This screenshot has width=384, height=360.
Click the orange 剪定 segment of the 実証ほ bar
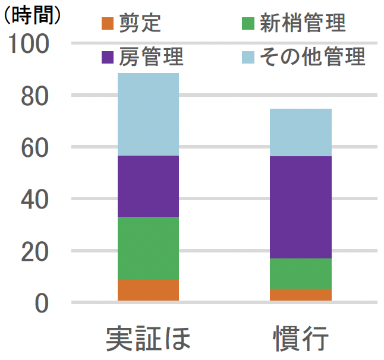point(148,290)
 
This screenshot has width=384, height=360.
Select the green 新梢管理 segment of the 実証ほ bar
point(148,248)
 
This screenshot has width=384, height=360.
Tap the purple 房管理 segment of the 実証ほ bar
point(148,186)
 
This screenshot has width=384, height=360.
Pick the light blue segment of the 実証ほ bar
point(148,114)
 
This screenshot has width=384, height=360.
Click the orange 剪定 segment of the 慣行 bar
point(300,295)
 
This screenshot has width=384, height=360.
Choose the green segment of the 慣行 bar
point(300,273)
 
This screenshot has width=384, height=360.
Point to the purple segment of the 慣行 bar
point(300,207)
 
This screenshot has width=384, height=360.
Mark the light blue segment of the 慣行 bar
point(300,132)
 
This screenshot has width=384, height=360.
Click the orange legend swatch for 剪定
point(107,24)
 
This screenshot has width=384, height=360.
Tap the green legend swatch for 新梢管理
point(248,24)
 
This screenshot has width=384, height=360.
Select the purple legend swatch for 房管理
point(107,57)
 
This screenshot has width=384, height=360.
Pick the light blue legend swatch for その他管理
point(248,57)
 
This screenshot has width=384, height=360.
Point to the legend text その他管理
point(313,57)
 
